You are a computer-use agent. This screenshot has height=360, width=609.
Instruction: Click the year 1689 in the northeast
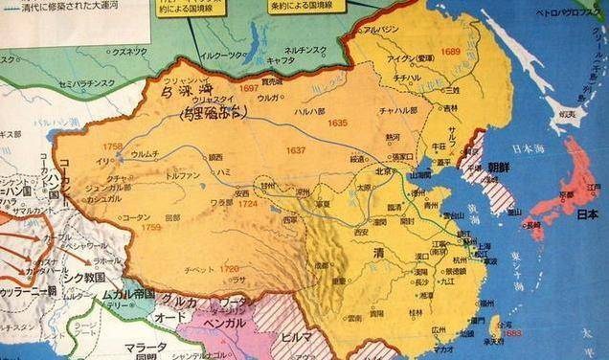point(451,52)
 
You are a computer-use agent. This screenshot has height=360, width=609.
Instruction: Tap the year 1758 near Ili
point(113,146)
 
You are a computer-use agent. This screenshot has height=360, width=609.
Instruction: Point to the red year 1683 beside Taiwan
point(512,333)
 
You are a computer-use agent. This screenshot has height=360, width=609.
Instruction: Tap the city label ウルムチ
point(144,152)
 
